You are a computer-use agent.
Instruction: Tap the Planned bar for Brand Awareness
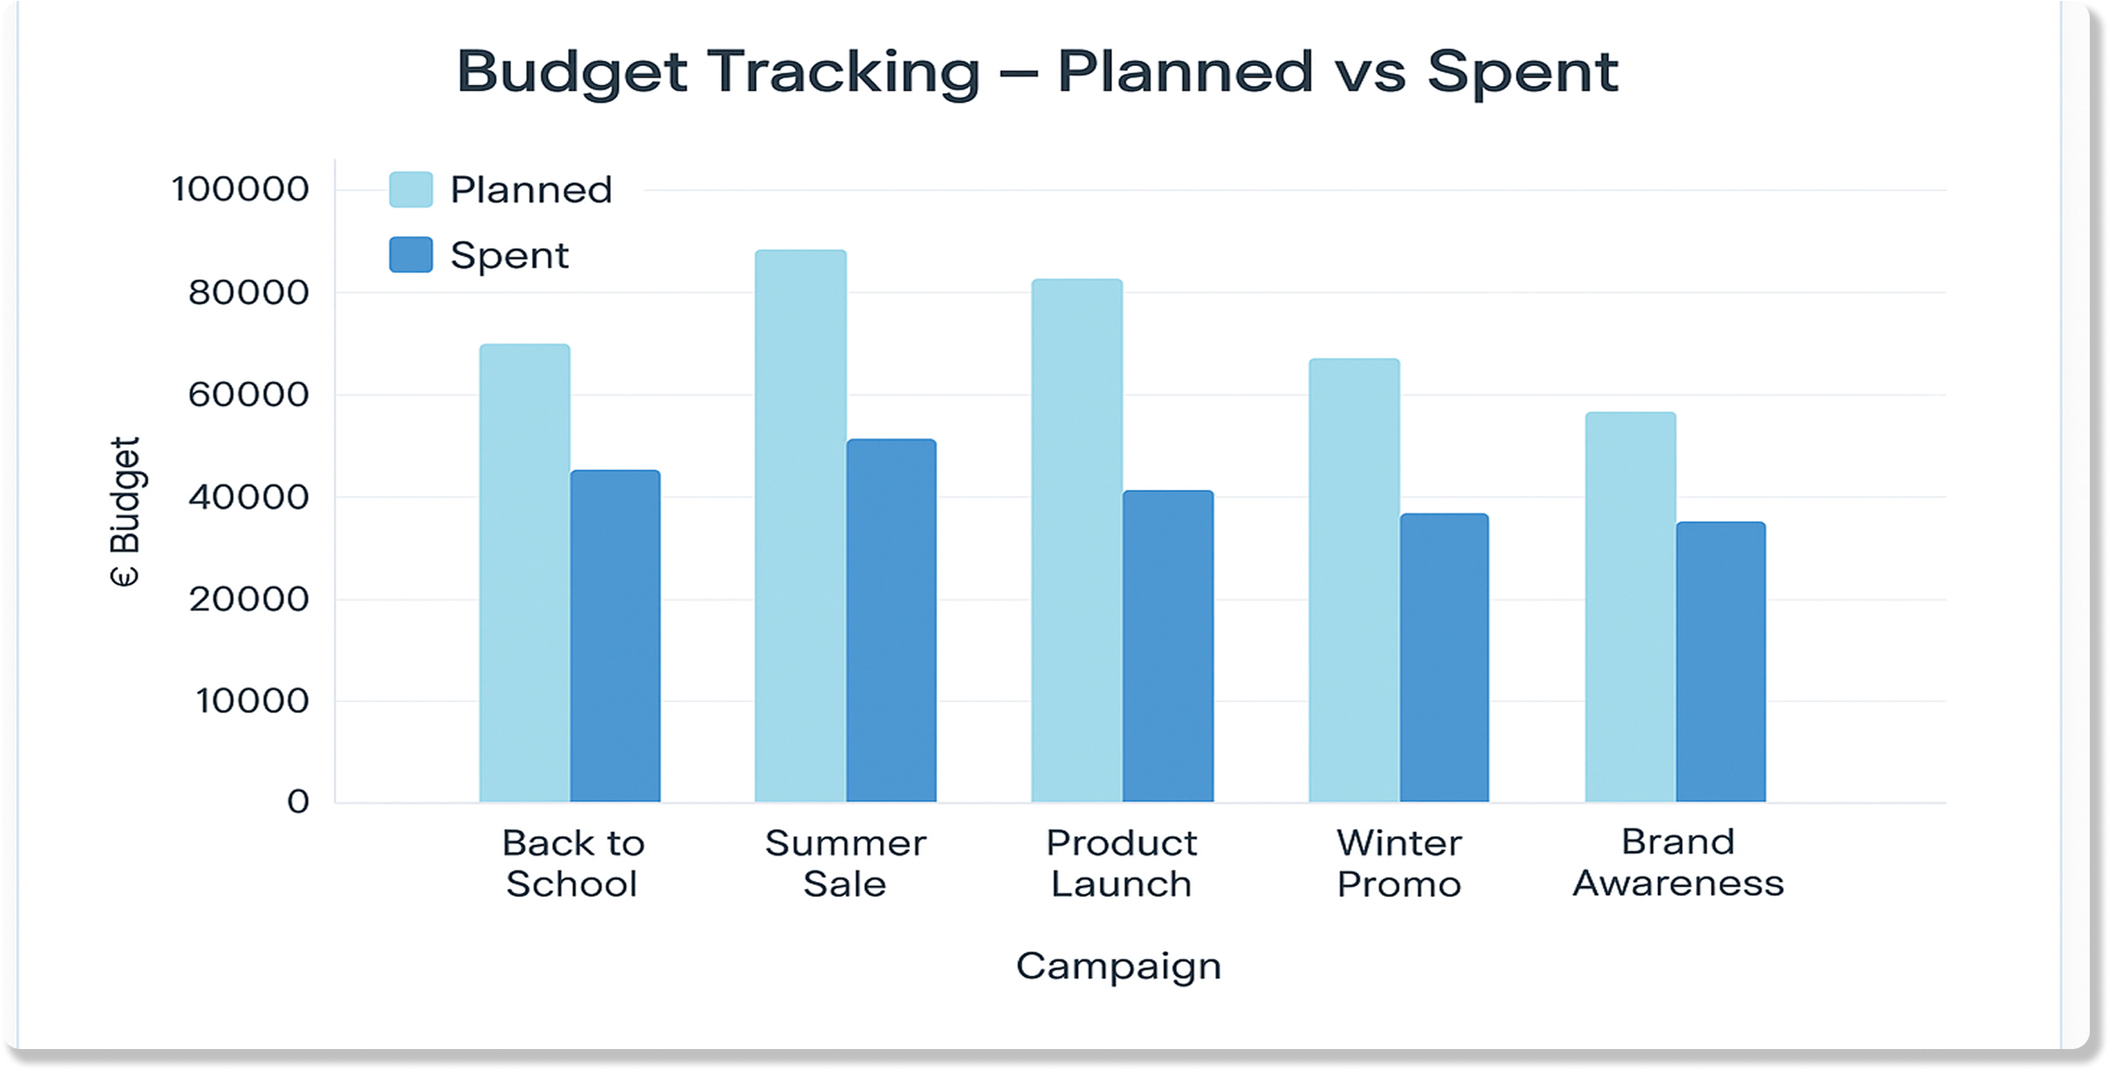pos(1630,607)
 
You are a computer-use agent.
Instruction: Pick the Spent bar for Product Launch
pos(1168,646)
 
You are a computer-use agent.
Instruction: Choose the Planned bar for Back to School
pos(524,572)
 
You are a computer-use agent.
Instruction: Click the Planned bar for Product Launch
pos(1076,540)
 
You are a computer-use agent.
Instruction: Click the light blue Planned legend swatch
pos(411,189)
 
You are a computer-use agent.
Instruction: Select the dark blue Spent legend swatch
pos(411,254)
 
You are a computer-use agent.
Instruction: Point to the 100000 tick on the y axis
pos(240,189)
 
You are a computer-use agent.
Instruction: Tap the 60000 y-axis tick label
pos(248,395)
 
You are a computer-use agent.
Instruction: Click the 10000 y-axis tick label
pos(251,701)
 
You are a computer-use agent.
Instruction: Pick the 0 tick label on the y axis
pos(298,801)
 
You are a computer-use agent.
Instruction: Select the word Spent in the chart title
pos(1521,71)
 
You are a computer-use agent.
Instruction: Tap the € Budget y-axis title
pos(125,511)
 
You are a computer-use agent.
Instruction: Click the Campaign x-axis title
pos(1118,966)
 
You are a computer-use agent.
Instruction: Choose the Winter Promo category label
pos(1399,863)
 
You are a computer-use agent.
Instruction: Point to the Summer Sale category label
pos(845,863)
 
